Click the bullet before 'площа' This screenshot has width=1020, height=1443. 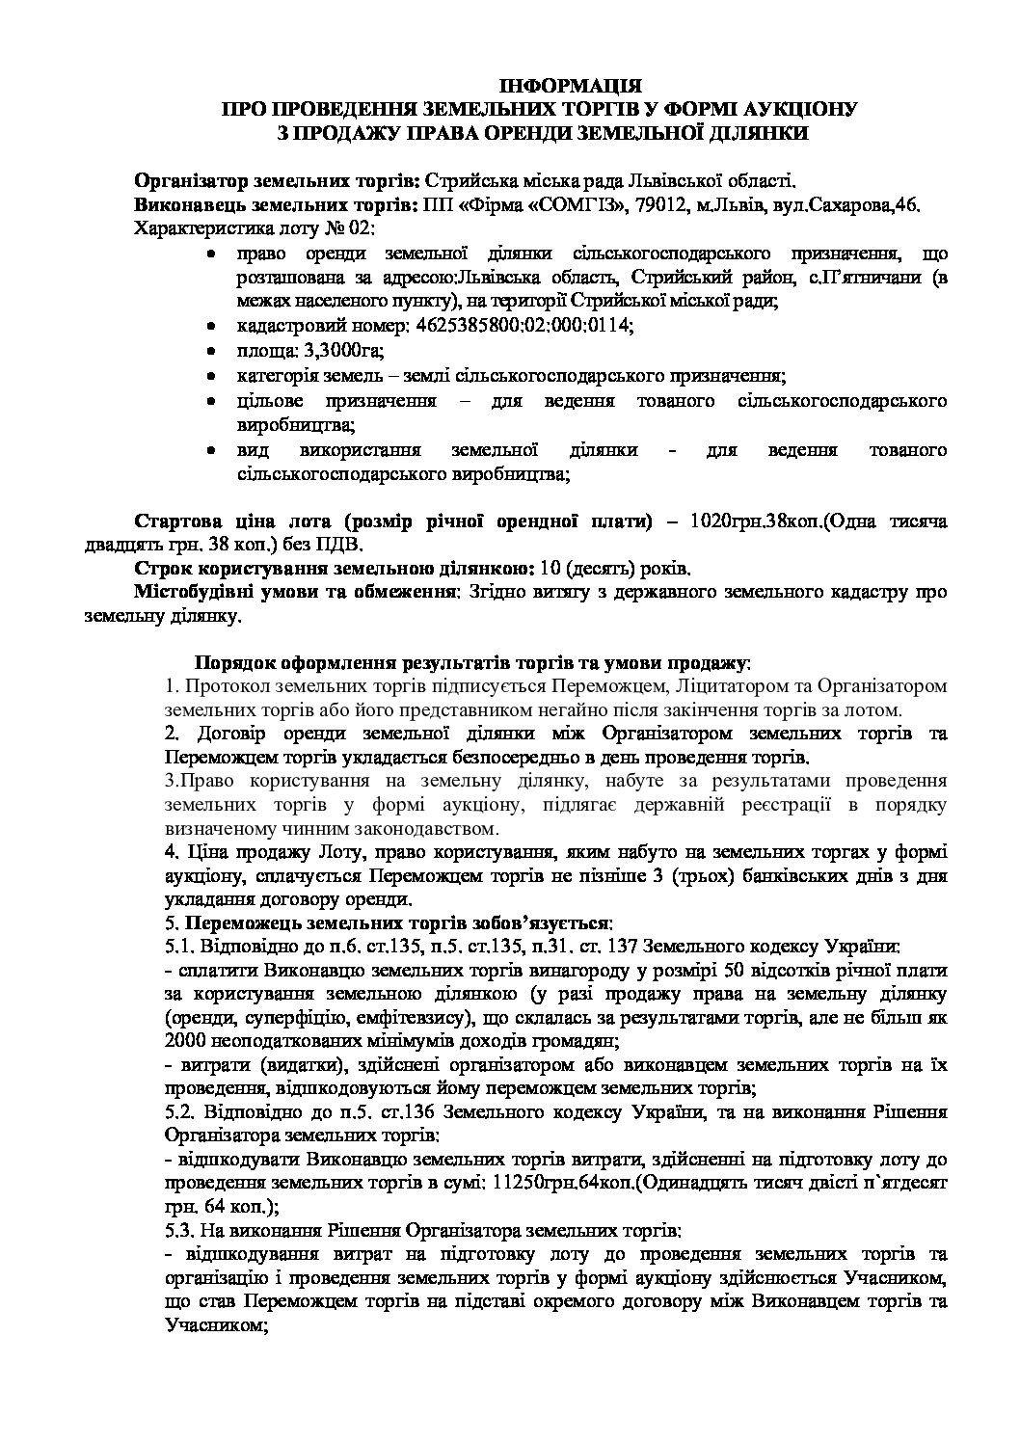click(x=211, y=351)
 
